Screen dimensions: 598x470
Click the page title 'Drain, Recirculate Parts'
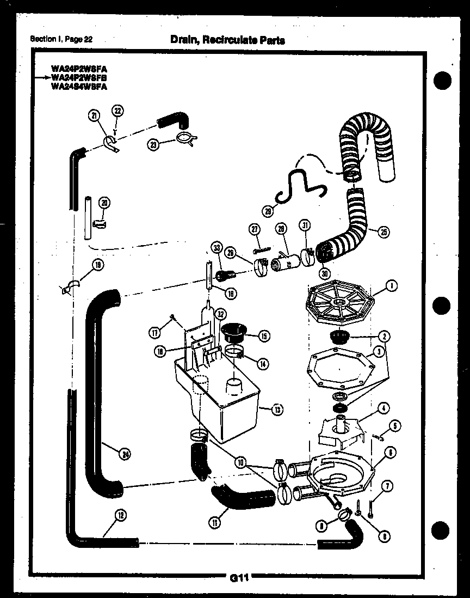click(227, 40)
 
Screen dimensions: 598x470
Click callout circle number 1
click(391, 284)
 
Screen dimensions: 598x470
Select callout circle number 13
click(277, 410)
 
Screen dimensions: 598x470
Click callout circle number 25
click(384, 232)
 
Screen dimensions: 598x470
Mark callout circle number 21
click(94, 115)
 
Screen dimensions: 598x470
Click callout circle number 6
click(391, 452)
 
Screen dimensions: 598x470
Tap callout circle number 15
click(264, 336)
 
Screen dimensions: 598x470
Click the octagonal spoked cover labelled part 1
click(340, 301)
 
